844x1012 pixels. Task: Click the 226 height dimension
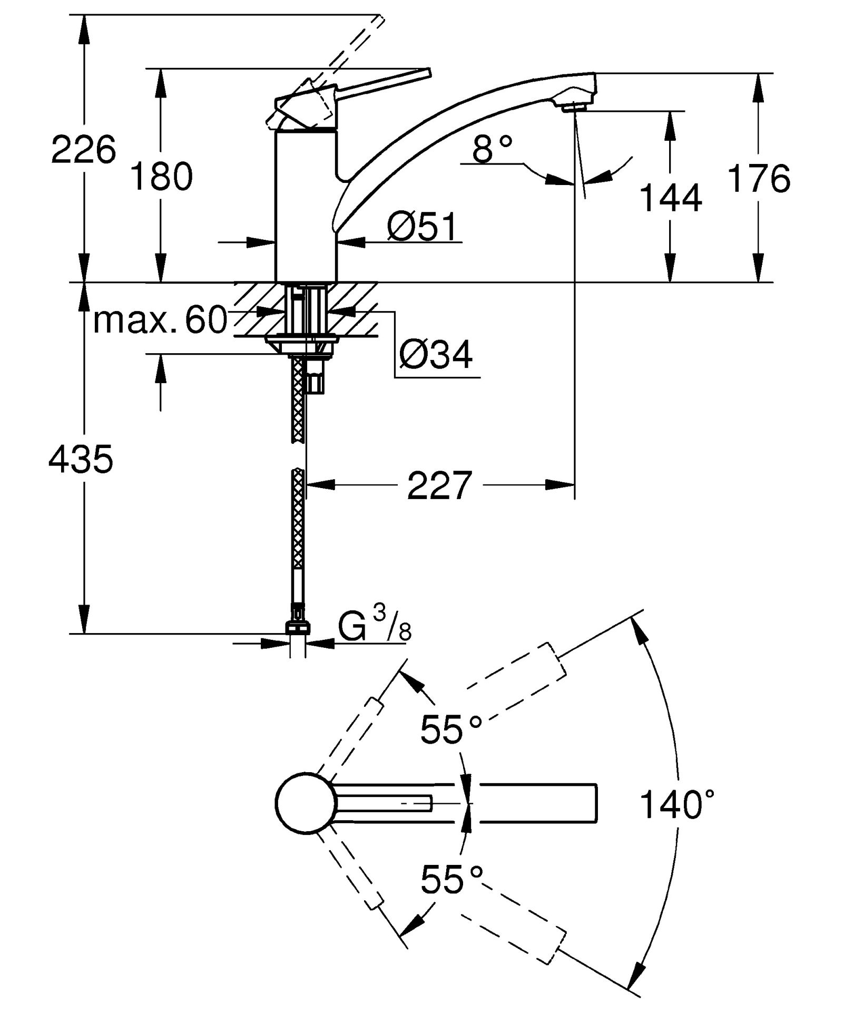coord(83,150)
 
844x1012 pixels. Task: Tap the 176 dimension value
coord(759,179)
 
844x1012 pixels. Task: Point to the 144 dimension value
coord(671,199)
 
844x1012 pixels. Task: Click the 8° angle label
coord(492,149)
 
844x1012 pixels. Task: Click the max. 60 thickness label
coord(160,319)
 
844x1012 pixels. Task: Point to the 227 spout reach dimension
coord(439,485)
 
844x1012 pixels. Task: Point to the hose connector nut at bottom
coord(298,627)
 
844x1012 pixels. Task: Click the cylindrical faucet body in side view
coord(306,206)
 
